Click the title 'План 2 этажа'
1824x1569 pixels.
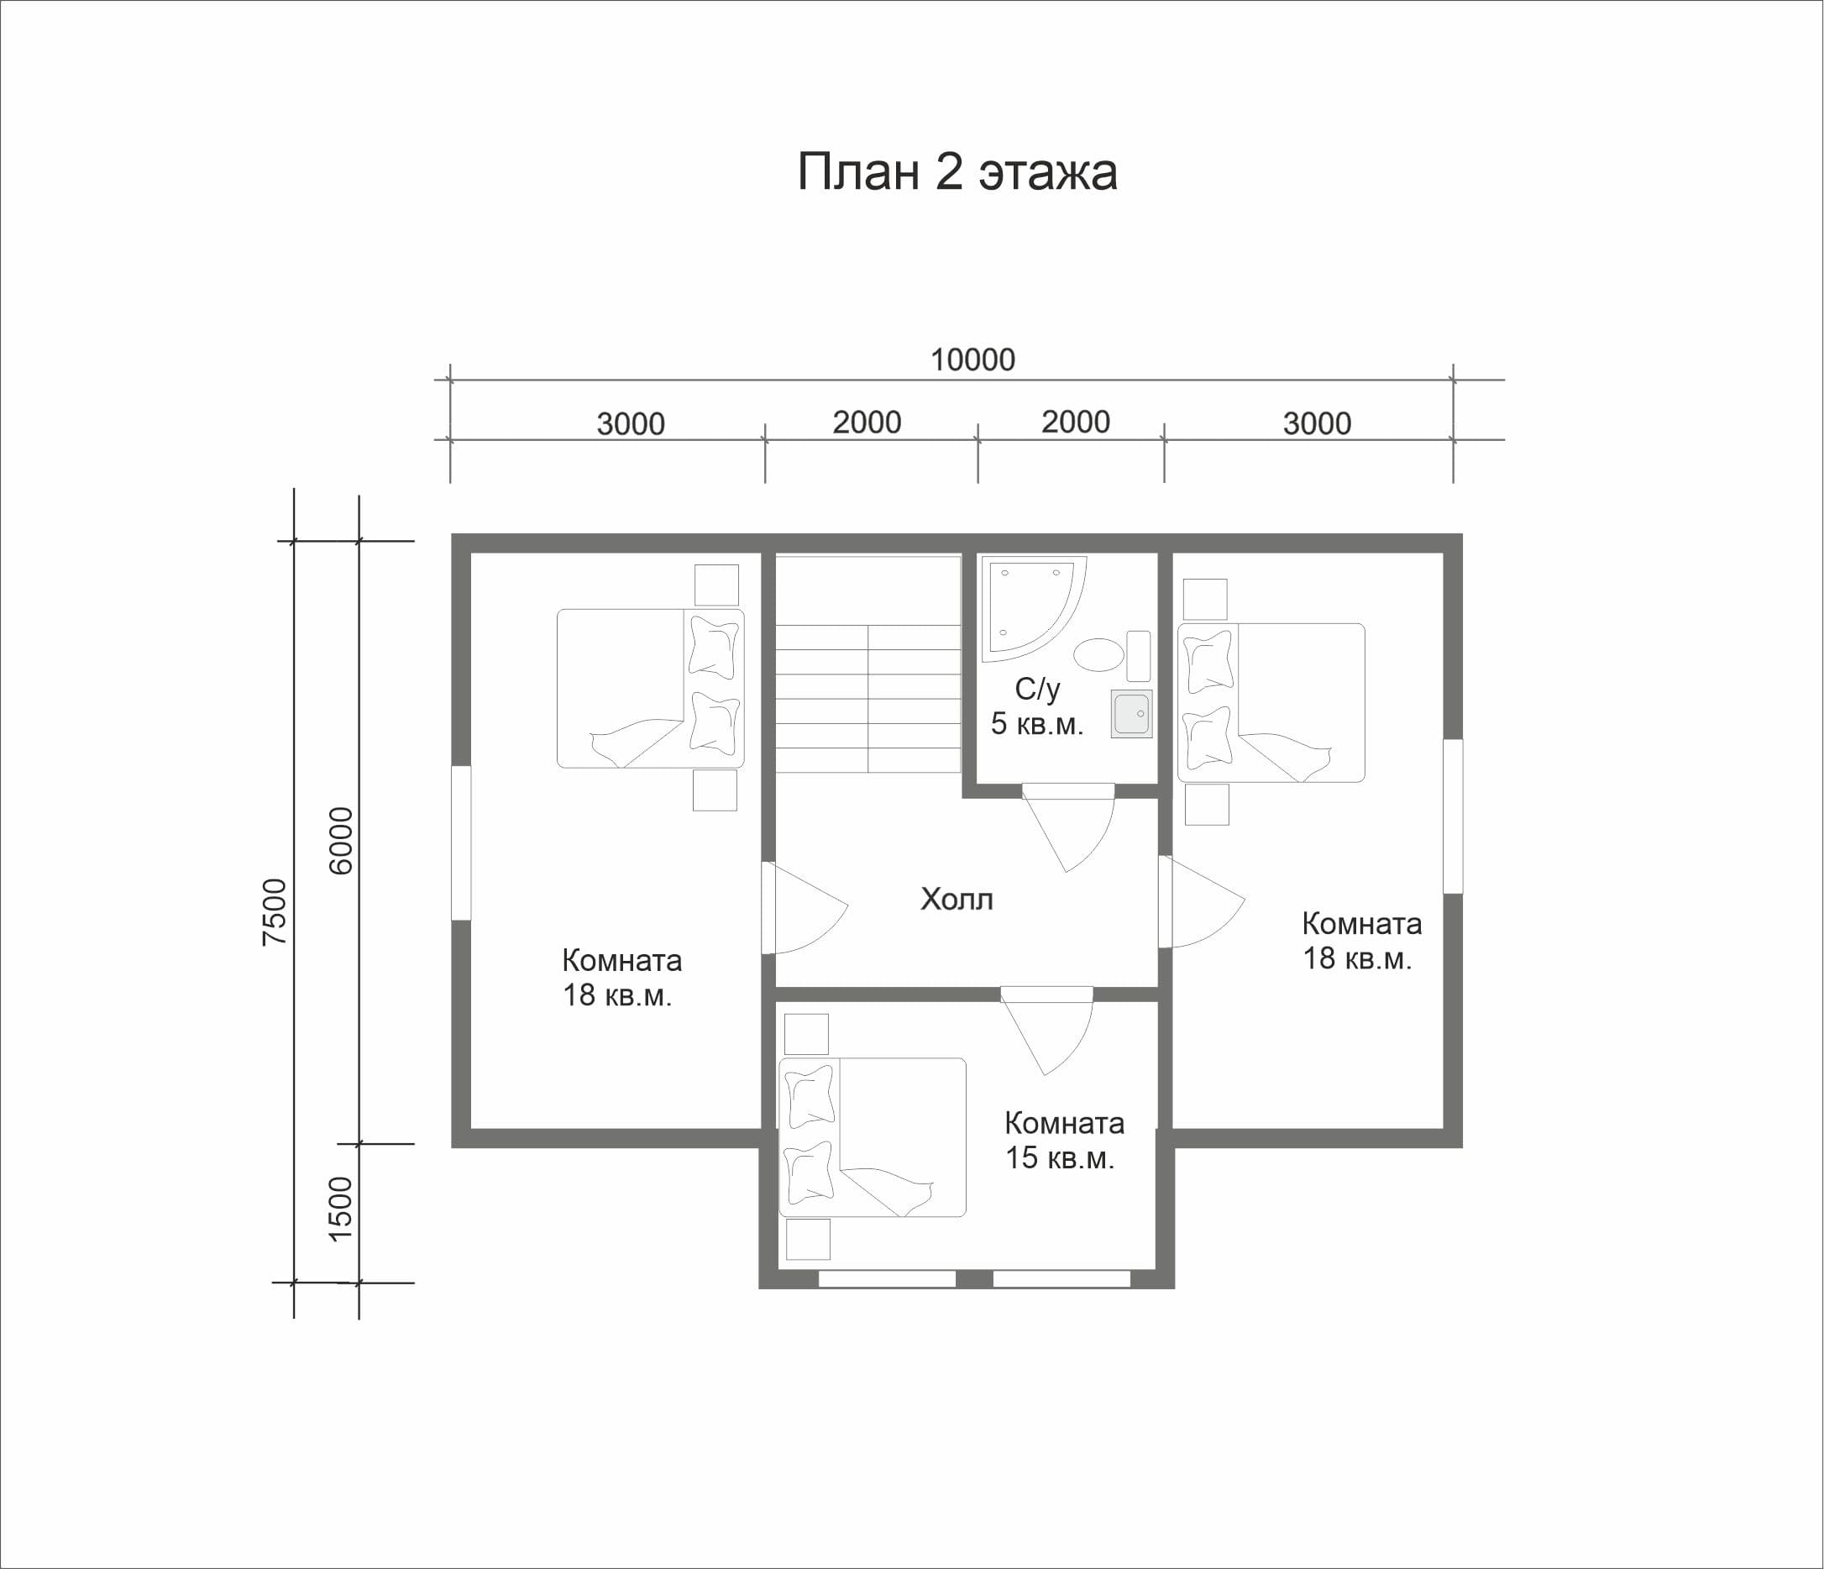(957, 171)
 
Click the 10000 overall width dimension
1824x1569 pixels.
(972, 360)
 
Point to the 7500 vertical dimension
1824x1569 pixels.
(275, 912)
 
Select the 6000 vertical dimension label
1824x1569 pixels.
(341, 841)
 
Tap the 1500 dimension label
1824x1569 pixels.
(340, 1210)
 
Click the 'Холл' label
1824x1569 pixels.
(957, 899)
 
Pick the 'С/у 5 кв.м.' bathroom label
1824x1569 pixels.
(1037, 706)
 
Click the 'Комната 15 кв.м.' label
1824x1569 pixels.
(1063, 1140)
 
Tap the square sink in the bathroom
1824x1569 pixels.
(1131, 714)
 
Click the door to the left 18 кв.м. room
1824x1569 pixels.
(803, 908)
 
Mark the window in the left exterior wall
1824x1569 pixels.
(461, 843)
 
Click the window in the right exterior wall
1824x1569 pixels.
(1454, 816)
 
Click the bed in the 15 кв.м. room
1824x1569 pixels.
(873, 1136)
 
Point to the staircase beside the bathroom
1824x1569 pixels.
(867, 664)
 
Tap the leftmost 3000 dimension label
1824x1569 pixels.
(631, 424)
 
